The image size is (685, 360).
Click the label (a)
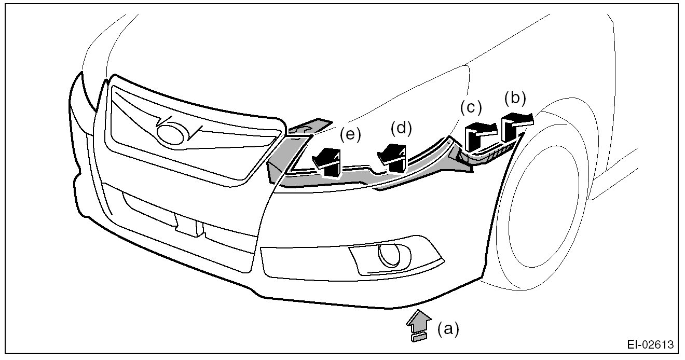[448, 329]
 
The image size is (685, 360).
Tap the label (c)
[471, 108]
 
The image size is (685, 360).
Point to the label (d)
[401, 128]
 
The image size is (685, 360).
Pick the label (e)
[350, 134]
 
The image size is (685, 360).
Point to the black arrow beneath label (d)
[393, 157]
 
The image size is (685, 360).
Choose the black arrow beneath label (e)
[327, 161]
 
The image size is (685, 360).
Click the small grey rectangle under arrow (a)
[418, 338]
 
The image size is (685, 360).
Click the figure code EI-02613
[650, 345]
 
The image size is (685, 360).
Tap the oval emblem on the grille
[172, 133]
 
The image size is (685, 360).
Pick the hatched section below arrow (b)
[496, 153]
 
